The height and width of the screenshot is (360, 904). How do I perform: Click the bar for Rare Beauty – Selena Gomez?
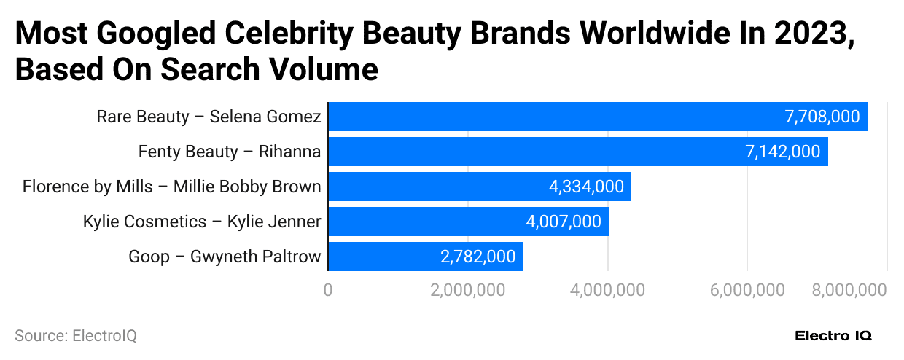click(554, 117)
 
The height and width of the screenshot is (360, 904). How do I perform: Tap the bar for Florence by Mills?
click(437, 187)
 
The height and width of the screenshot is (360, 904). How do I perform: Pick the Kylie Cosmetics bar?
click(423, 222)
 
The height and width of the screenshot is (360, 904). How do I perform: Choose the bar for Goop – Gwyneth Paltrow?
click(379, 257)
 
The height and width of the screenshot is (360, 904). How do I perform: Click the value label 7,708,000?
click(822, 117)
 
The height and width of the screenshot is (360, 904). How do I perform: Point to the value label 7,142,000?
click(782, 152)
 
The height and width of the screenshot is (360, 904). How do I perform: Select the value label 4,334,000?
click(586, 187)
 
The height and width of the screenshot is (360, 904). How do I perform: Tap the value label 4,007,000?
click(564, 222)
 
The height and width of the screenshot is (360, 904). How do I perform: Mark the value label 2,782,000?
click(478, 257)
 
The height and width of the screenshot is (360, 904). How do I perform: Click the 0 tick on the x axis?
click(328, 290)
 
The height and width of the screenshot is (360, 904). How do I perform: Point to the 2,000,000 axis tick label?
click(467, 290)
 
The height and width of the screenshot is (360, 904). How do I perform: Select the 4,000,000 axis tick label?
click(607, 290)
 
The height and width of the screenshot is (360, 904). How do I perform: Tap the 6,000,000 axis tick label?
click(747, 290)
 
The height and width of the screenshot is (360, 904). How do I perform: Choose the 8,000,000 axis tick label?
click(849, 290)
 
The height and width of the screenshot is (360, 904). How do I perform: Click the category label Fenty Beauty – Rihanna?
click(230, 152)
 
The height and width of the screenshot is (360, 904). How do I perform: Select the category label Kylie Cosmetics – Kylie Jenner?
click(202, 222)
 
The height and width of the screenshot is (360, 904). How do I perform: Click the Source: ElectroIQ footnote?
click(76, 336)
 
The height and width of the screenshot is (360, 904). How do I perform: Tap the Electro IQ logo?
click(833, 336)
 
